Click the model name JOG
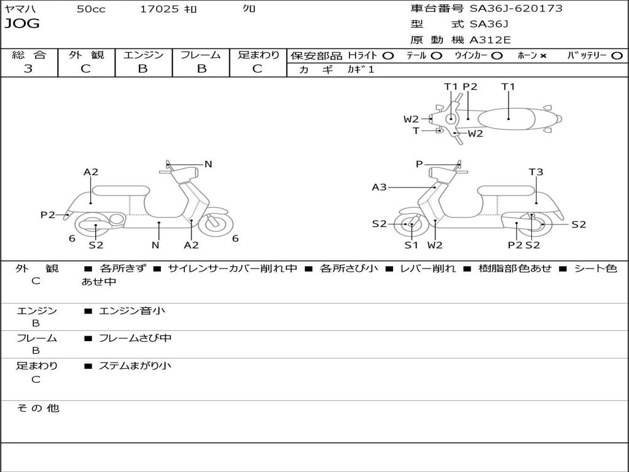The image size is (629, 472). click(22, 24)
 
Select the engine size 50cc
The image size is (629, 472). click(91, 9)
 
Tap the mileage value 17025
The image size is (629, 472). click(159, 9)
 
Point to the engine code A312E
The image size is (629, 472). click(490, 40)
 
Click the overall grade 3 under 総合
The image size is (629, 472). click(28, 69)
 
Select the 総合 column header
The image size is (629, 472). click(29, 55)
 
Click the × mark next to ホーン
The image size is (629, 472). click(543, 55)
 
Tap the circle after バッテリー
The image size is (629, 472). click(617, 55)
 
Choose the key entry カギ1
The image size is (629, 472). click(361, 69)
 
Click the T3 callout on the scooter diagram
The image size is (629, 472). click(536, 172)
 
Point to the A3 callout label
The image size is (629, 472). click(379, 187)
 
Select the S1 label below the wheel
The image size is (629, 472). click(411, 245)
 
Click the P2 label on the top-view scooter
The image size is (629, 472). click(470, 87)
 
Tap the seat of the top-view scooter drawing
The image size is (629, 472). click(509, 118)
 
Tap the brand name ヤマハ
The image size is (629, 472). click(18, 9)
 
